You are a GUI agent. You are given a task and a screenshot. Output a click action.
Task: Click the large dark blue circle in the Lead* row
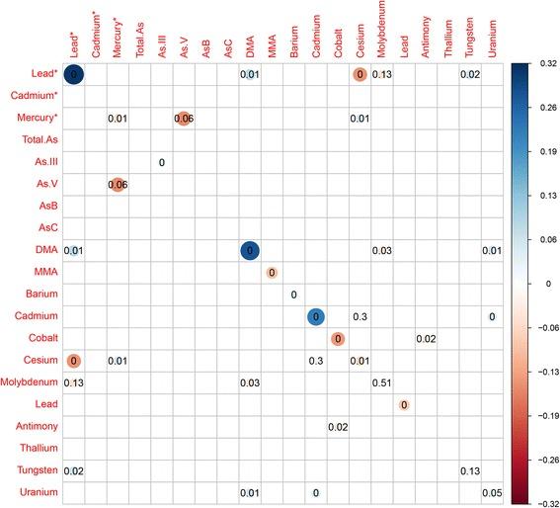(x=74, y=74)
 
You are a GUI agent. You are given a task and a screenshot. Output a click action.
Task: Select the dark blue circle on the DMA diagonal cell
(x=250, y=251)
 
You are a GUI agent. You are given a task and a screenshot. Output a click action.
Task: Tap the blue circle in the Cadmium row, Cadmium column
(x=315, y=316)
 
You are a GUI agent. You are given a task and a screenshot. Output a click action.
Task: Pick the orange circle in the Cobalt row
(x=338, y=339)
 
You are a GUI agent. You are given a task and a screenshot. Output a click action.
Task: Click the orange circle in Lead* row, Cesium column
(x=360, y=74)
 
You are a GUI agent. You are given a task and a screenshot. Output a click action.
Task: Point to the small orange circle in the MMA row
(x=272, y=273)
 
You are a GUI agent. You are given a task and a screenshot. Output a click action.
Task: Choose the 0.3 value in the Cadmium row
(x=360, y=316)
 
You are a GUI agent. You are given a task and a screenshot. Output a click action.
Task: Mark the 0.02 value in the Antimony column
(x=426, y=339)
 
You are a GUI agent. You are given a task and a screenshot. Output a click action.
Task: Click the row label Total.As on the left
(x=38, y=140)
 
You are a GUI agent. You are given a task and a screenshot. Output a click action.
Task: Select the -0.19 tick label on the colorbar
(x=543, y=416)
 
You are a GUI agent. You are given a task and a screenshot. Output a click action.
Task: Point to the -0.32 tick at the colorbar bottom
(x=543, y=502)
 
